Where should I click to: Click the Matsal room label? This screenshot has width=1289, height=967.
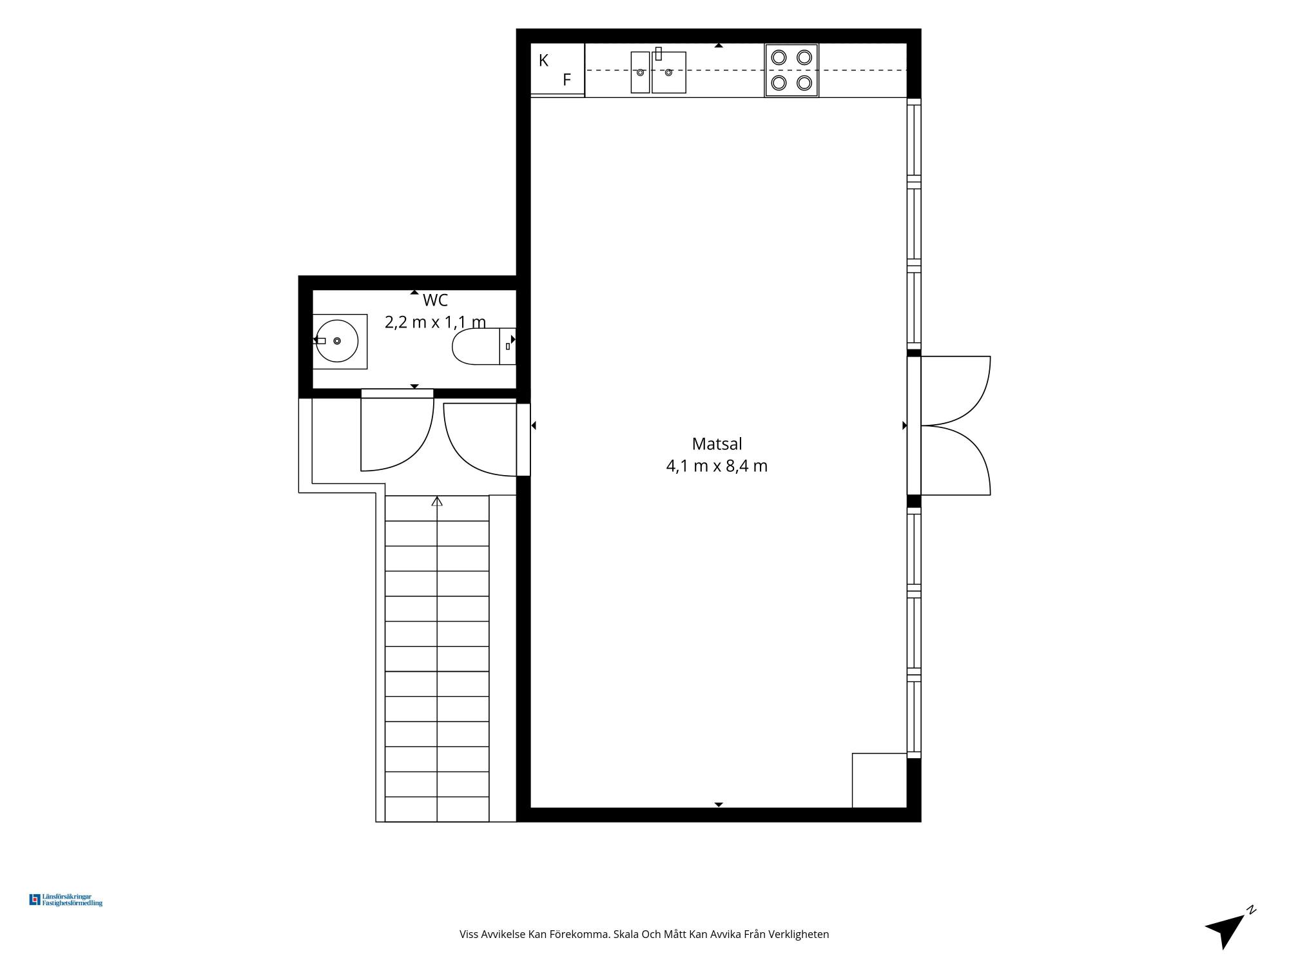pos(717,444)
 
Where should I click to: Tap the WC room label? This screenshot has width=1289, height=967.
pos(435,300)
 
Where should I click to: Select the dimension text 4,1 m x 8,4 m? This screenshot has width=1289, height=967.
pos(717,466)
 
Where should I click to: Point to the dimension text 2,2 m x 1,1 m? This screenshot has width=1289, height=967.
pos(435,322)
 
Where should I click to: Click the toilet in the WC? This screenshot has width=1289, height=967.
pos(484,346)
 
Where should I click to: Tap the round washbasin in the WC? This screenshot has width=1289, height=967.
pos(337,340)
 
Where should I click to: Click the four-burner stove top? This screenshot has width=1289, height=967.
pos(791,70)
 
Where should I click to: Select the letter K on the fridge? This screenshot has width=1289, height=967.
pos(543,61)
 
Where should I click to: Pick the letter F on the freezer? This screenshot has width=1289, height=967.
pos(567,80)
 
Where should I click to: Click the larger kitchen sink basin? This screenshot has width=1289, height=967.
pos(669,72)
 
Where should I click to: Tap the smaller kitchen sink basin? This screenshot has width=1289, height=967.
pos(640,72)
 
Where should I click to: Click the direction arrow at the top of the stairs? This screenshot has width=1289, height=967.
pos(437,501)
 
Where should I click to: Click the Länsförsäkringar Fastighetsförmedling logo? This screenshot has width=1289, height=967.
pos(66,900)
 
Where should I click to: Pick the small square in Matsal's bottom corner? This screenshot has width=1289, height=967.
pos(880,780)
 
